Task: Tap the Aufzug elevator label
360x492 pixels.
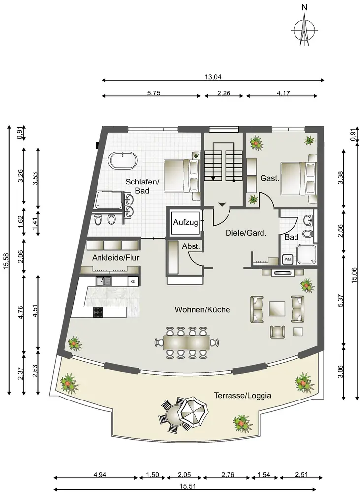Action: [x=186, y=222]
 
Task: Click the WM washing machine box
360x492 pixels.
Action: [x=288, y=259]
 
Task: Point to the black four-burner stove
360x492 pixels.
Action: [x=98, y=312]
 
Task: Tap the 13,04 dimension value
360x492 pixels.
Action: [x=213, y=77]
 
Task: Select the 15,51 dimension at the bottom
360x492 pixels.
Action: [x=188, y=487]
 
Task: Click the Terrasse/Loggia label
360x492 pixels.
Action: [x=242, y=396]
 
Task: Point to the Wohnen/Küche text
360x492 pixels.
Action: [x=202, y=309]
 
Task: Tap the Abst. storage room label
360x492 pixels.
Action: [x=191, y=246]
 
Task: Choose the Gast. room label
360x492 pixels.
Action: [x=270, y=178]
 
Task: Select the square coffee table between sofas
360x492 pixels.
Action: [x=277, y=309]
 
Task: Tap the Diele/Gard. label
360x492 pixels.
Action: [x=246, y=233]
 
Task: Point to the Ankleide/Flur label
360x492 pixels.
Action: [x=116, y=258]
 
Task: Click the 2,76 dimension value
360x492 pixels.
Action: [x=228, y=475]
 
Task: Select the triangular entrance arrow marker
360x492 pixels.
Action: [x=222, y=205]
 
